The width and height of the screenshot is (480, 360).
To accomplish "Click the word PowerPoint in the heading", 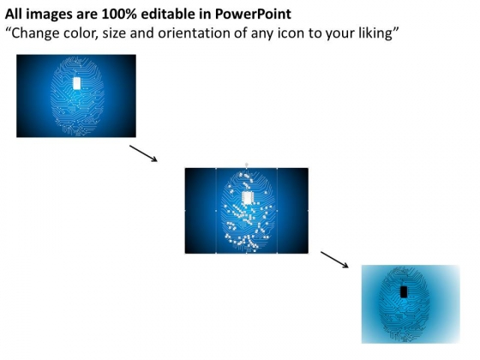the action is [x=253, y=14].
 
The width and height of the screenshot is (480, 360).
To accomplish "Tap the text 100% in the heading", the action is [x=118, y=14].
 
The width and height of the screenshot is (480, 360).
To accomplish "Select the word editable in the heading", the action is [x=168, y=14].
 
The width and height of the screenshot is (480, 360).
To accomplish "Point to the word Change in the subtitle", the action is [x=33, y=33].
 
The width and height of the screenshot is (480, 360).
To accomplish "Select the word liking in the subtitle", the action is [x=375, y=33].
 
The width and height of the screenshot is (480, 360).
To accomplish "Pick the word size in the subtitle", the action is [x=114, y=33].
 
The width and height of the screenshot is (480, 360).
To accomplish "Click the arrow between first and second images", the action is [x=143, y=153].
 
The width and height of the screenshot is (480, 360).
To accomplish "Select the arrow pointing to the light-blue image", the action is [x=334, y=260].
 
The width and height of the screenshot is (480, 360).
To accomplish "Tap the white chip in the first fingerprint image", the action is [x=77, y=83].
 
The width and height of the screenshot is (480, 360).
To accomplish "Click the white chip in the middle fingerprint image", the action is [x=247, y=197].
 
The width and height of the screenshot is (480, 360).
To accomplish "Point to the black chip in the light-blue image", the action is [x=404, y=291].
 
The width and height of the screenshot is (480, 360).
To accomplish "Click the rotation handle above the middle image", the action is [x=247, y=165].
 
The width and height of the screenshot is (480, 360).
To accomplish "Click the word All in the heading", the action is [x=14, y=14].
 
